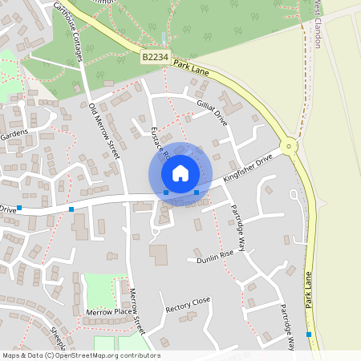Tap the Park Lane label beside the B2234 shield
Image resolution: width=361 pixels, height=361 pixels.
tap(190, 67)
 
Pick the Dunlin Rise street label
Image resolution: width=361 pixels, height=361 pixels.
tap(214, 256)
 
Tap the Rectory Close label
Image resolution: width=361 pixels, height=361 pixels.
tap(188, 304)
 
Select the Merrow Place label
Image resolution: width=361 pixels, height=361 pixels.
tap(108, 311)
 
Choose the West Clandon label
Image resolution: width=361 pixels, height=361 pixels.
tap(317, 24)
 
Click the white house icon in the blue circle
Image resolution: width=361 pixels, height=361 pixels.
tap(180, 172)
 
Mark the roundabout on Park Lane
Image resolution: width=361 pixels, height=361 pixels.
tap(289, 146)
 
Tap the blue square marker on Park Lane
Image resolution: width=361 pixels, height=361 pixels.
tap(309, 335)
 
